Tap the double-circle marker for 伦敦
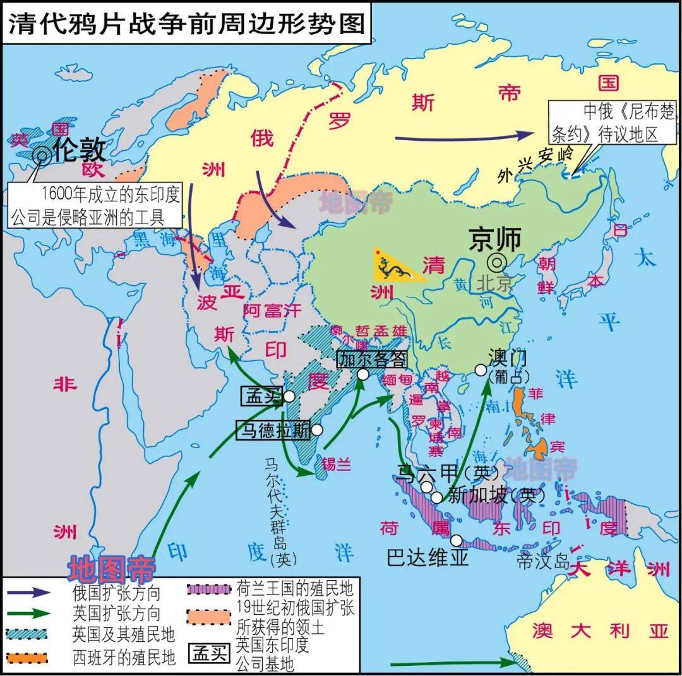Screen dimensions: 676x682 click(42, 153)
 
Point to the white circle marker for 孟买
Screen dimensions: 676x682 click(289, 396)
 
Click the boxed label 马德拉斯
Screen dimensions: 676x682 click(273, 430)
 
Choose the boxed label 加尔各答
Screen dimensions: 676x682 click(372, 359)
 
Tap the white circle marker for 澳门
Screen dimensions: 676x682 click(479, 370)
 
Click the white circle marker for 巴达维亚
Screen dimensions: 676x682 click(457, 541)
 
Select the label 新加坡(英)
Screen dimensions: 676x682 click(496, 495)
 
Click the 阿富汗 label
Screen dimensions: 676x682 click(272, 311)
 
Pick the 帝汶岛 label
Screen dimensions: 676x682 click(543, 561)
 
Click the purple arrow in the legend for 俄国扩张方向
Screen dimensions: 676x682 click(29, 593)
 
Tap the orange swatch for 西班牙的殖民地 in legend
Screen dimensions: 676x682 click(29, 656)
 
